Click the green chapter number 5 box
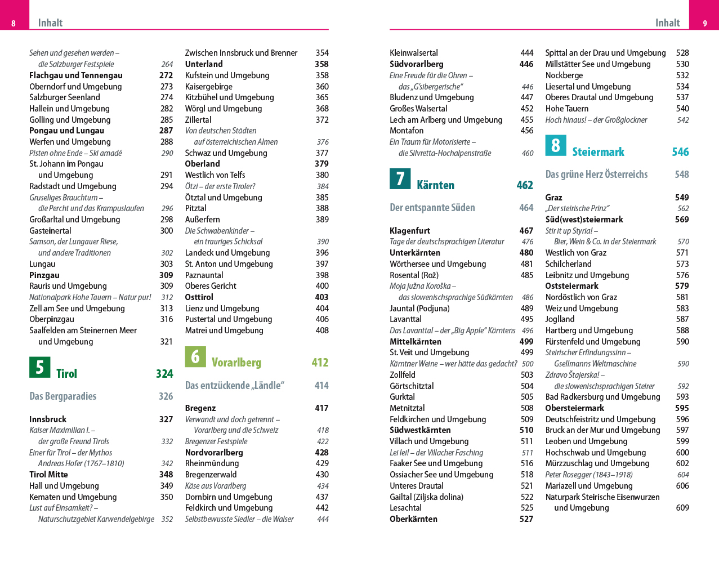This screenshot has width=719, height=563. pyautogui.click(x=39, y=367)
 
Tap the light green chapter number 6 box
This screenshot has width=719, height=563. pyautogui.click(x=195, y=356)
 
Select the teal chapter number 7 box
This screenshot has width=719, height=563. pyautogui.click(x=400, y=178)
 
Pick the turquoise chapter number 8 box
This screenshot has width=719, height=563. pyautogui.click(x=556, y=145)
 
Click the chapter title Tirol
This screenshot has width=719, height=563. pyautogui.click(x=66, y=374)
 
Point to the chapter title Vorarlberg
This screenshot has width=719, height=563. pyautogui.click(x=236, y=363)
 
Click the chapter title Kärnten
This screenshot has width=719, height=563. pyautogui.click(x=435, y=185)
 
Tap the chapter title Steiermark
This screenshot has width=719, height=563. pyautogui.click(x=598, y=152)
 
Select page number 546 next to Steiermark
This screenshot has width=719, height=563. pyautogui.click(x=680, y=152)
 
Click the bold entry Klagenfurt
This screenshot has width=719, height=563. pyautogui.click(x=410, y=231)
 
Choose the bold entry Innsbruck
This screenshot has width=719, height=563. pyautogui.click(x=48, y=419)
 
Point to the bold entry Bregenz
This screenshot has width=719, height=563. pyautogui.click(x=200, y=408)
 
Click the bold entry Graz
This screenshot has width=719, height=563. pyautogui.click(x=553, y=198)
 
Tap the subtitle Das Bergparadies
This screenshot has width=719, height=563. pyautogui.click(x=63, y=396)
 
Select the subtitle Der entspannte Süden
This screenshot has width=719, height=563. pyautogui.click(x=432, y=208)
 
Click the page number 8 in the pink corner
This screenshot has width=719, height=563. pyautogui.click(x=14, y=23)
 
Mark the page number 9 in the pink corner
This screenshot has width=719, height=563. pyautogui.click(x=704, y=23)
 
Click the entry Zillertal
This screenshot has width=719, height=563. pyautogui.click(x=198, y=120)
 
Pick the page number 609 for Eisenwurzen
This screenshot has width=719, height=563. pyautogui.click(x=682, y=508)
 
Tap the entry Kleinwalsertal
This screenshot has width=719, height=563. pyautogui.click(x=414, y=53)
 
